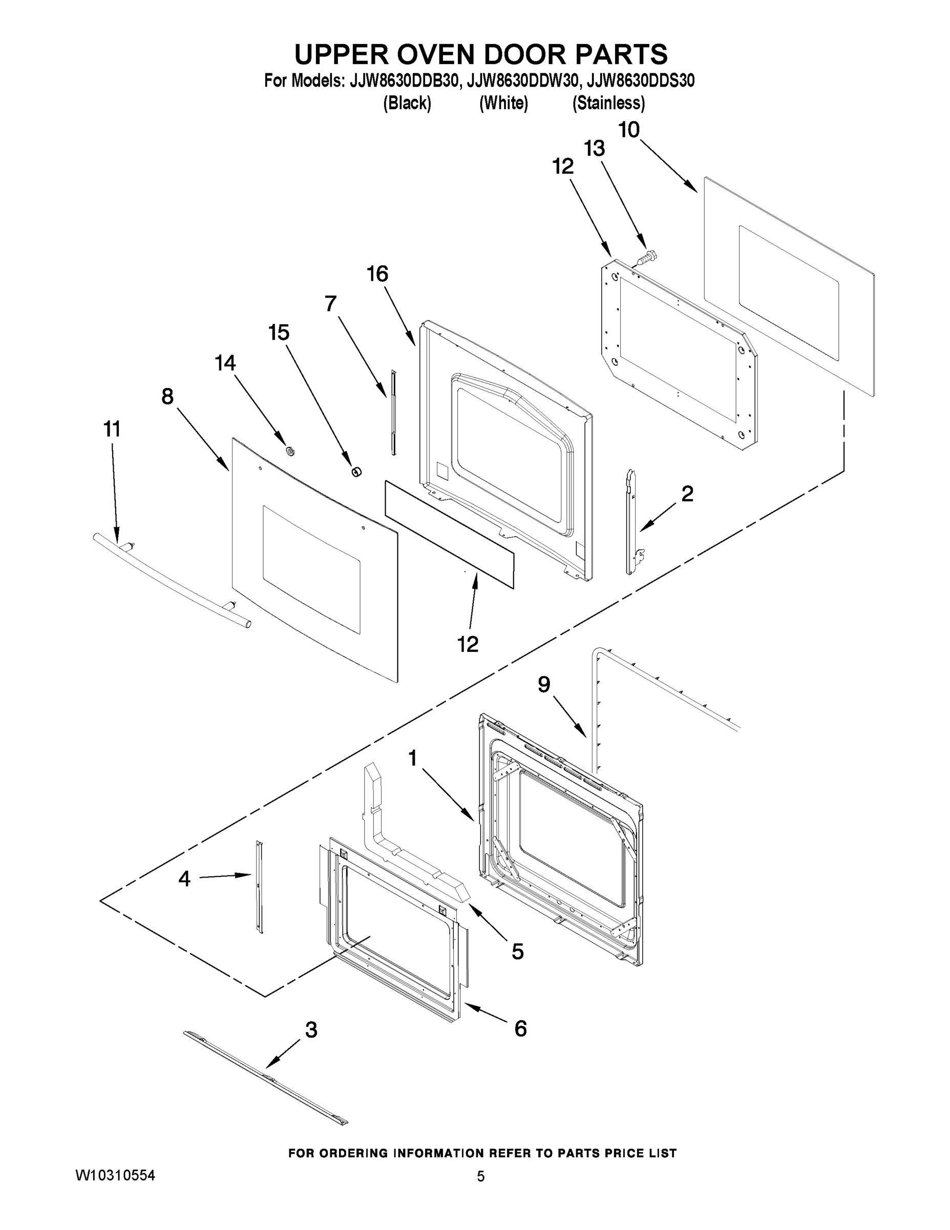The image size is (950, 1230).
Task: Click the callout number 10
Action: click(629, 130)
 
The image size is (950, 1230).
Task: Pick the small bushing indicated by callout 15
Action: click(356, 471)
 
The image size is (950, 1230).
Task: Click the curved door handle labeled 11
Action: click(169, 580)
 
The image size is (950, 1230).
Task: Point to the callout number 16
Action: click(377, 274)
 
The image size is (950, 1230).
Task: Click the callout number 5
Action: click(518, 952)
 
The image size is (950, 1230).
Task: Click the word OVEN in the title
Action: click(422, 55)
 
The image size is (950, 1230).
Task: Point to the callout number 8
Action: click(167, 397)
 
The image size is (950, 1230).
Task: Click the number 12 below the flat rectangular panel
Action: click(468, 644)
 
